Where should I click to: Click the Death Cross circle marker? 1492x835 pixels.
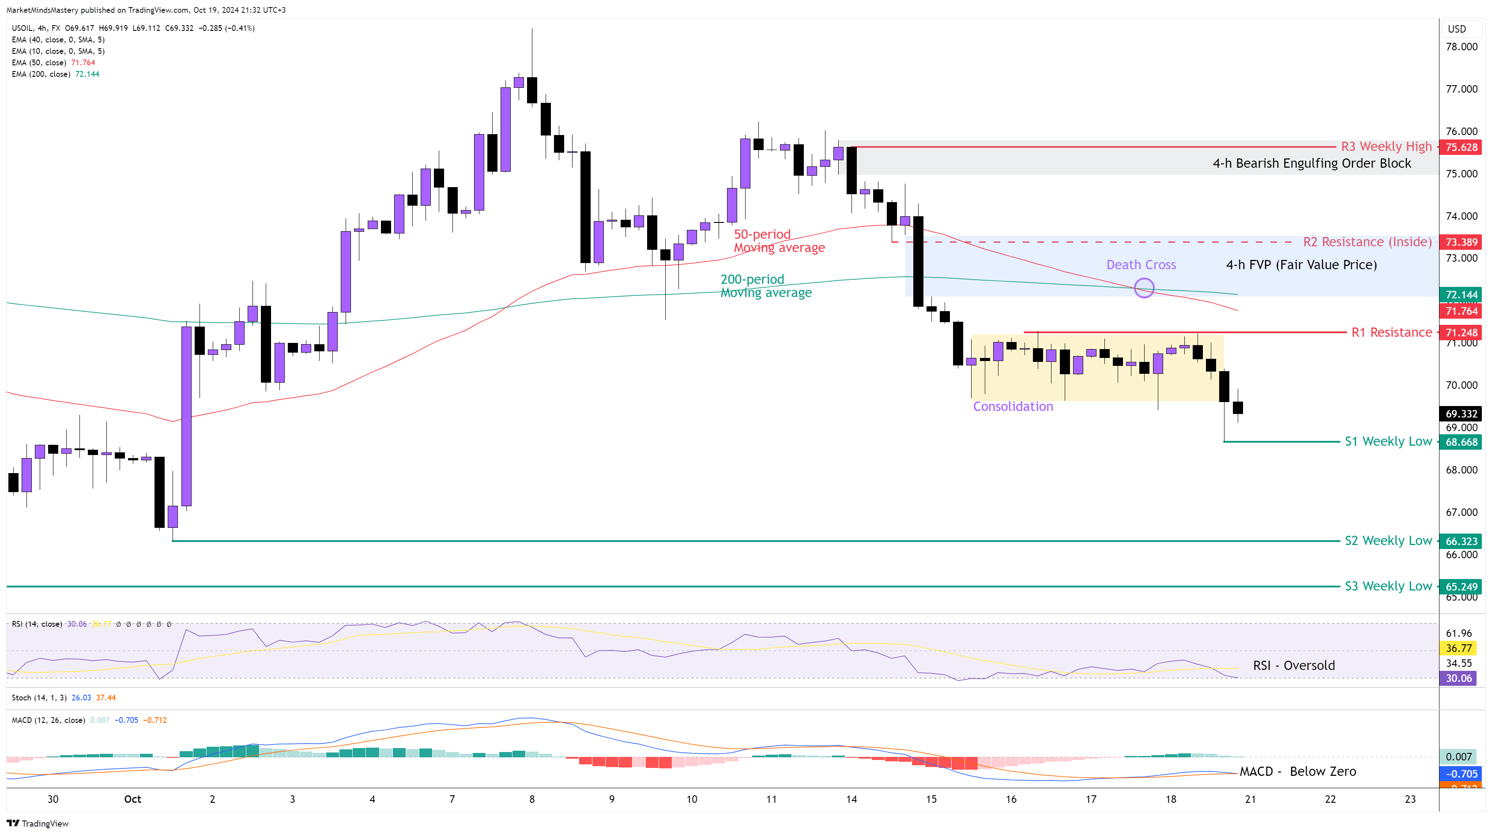tap(1144, 288)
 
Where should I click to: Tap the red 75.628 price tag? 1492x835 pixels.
tap(1461, 147)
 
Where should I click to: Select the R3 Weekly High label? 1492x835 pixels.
tap(1386, 147)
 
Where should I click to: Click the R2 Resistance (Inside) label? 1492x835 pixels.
tap(1367, 242)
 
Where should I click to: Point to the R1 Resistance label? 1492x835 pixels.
tap(1391, 332)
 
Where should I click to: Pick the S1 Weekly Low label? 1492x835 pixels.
tap(1388, 442)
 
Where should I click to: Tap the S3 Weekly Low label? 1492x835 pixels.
tap(1388, 586)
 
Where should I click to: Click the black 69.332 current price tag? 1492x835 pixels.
tap(1461, 414)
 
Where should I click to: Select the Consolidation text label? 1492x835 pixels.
tap(1013, 406)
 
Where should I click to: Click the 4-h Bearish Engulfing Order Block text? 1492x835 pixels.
tap(1311, 163)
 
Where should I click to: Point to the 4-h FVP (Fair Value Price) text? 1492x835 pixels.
tap(1301, 265)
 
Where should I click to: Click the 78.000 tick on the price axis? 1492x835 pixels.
tap(1461, 47)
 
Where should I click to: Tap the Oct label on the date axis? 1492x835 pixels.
tap(132, 799)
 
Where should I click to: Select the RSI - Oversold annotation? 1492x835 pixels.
tap(1293, 666)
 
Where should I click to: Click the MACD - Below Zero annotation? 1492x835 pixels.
tap(1297, 771)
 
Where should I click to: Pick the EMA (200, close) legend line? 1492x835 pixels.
tap(55, 74)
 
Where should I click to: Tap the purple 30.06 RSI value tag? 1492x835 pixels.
tap(1458, 678)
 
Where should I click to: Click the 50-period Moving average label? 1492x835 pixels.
tap(779, 241)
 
